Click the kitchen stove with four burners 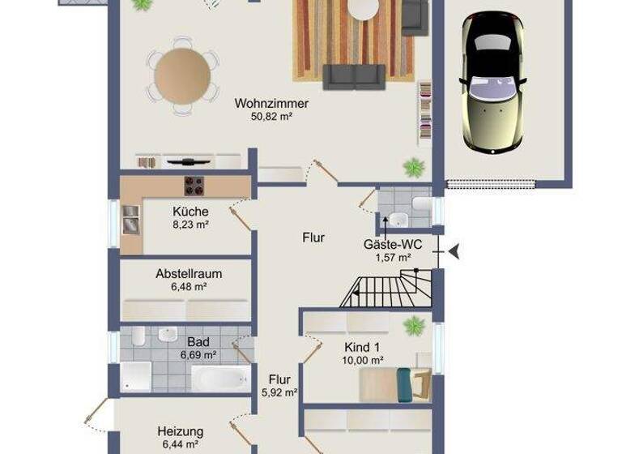(195, 186)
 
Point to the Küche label (190, 212)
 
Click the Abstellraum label (189, 274)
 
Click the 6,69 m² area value (198, 355)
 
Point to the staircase (385, 289)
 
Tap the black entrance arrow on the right (454, 251)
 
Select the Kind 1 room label (364, 346)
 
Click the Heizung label (180, 431)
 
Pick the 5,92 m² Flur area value (279, 392)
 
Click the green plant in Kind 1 (414, 325)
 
